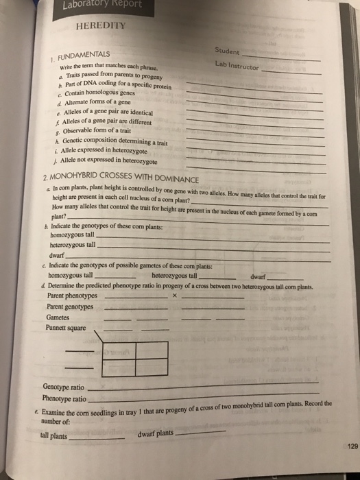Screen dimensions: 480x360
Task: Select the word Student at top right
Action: pyautogui.click(x=226, y=50)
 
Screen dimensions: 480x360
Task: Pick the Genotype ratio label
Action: pyautogui.click(x=64, y=387)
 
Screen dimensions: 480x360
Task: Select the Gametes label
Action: pyautogui.click(x=57, y=317)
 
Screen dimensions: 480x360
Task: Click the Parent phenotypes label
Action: pyautogui.click(x=71, y=296)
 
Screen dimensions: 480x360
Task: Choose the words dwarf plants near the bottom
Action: pyautogui.click(x=156, y=434)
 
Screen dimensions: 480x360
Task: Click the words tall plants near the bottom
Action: pyautogui.click(x=54, y=435)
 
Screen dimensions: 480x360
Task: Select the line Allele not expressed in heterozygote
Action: pyautogui.click(x=101, y=162)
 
